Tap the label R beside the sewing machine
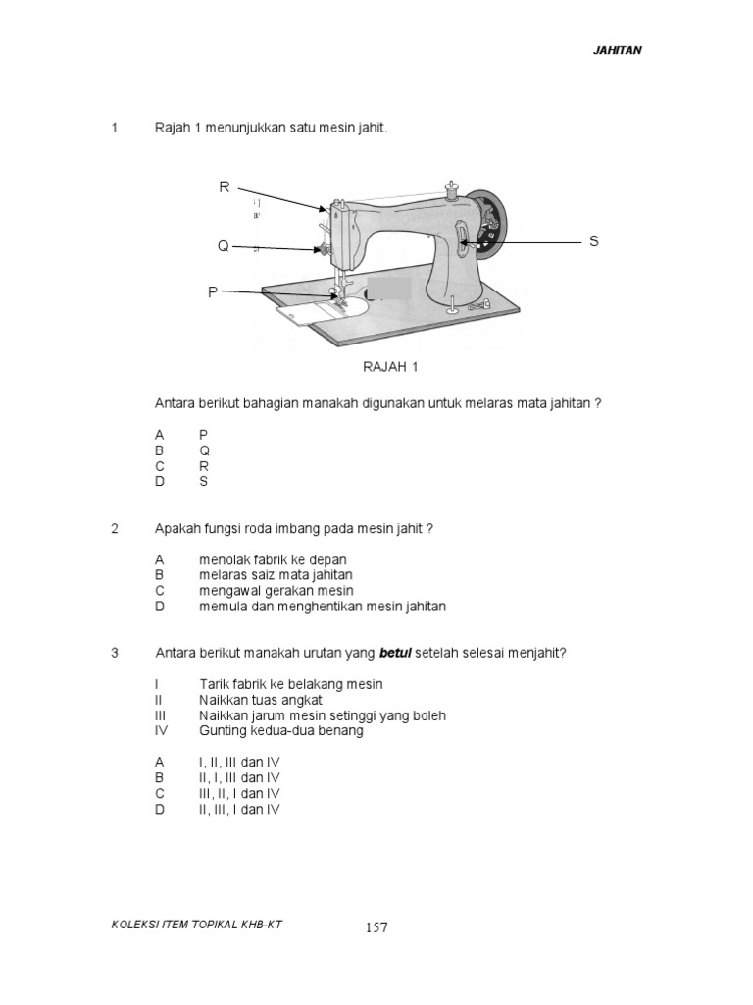224,185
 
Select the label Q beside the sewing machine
224,247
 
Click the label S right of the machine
593,241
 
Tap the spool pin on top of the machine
451,186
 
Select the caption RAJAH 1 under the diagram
391,366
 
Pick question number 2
115,528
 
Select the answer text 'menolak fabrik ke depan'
273,559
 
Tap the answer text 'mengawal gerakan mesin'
276,591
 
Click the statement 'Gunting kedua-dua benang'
280,731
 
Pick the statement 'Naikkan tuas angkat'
261,700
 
